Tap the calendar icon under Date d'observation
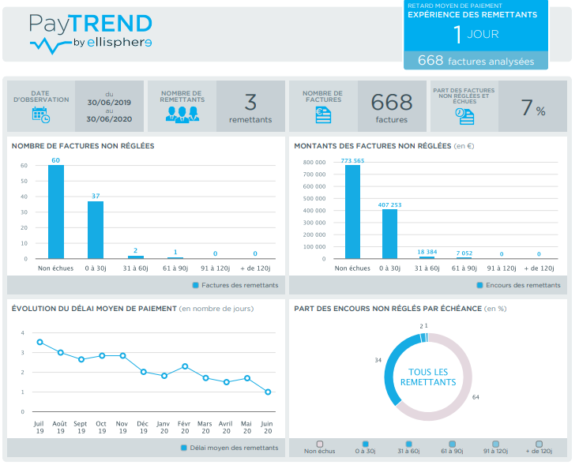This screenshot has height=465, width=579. (x=40, y=114)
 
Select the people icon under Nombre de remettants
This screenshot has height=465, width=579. (x=182, y=114)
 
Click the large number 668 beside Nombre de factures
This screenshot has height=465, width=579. (x=392, y=102)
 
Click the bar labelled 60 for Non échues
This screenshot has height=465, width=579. (x=56, y=212)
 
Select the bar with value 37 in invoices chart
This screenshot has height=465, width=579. (x=96, y=230)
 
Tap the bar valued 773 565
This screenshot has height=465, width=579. (x=352, y=212)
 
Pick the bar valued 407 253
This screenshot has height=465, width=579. (x=389, y=234)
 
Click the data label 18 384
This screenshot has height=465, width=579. (x=427, y=251)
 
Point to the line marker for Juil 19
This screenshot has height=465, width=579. (x=39, y=342)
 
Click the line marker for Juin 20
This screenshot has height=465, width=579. (x=268, y=392)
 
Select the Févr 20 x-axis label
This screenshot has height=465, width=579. (x=185, y=427)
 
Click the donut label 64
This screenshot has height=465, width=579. (x=476, y=397)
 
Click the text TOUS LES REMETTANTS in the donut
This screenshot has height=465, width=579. (x=427, y=377)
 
